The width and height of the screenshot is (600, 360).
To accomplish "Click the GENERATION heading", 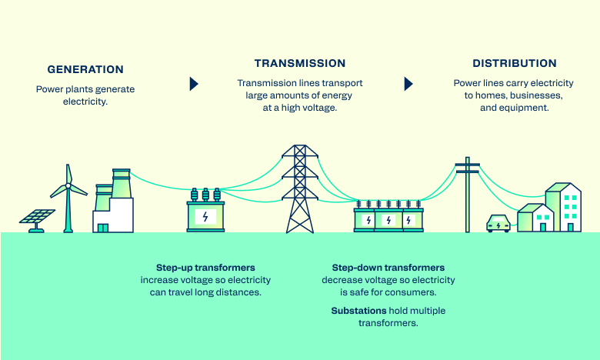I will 85,68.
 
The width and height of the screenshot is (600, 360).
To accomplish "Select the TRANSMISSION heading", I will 300,63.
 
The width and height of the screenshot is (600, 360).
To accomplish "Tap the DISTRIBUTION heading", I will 514,63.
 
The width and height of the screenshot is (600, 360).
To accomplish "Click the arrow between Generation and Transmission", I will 194,84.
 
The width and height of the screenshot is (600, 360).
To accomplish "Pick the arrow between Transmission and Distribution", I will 408,84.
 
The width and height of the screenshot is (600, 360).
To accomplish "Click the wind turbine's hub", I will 68,185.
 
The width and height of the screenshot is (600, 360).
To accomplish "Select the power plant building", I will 113,204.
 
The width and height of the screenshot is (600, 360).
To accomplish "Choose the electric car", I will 498,224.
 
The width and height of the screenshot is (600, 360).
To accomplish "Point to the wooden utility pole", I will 467,196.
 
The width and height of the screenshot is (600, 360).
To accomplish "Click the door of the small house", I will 542,226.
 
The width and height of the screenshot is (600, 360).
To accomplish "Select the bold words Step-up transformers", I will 205,268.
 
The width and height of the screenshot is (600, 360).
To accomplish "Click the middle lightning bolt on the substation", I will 388,221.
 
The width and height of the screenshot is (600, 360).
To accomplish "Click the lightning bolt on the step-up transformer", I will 205,217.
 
